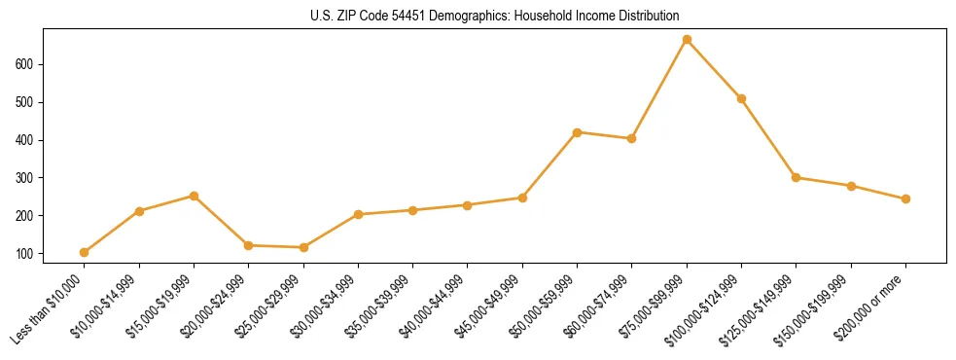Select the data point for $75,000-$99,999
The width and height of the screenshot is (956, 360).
687,40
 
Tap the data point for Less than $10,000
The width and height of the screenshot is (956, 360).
85,252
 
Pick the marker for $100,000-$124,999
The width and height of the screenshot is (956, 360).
741,98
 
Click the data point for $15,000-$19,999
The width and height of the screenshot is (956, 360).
195,196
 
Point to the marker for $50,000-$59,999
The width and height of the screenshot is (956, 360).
578,132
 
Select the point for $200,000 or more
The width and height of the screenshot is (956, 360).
905,198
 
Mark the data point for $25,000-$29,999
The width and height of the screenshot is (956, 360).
303,247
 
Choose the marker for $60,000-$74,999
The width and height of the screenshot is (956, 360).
632,138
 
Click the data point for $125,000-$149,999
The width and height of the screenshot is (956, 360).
797,177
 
